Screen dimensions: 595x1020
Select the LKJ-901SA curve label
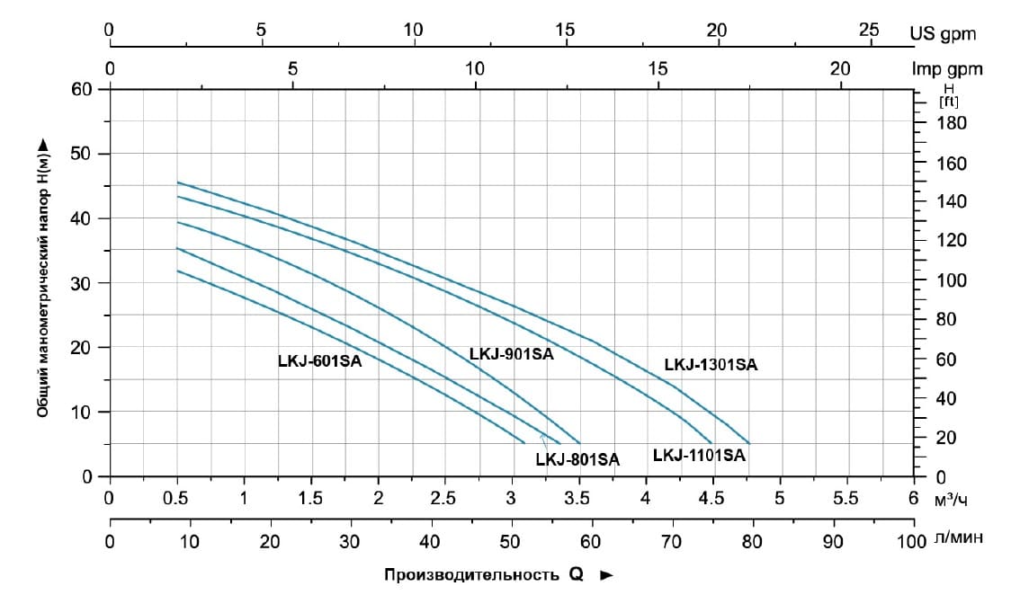pyautogui.click(x=511, y=354)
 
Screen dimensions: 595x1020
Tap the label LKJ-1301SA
pyautogui.click(x=711, y=365)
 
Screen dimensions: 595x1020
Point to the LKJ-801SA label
pyautogui.click(x=577, y=459)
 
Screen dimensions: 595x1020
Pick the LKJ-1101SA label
pyautogui.click(x=699, y=455)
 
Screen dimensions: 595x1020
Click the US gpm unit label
pyautogui.click(x=943, y=34)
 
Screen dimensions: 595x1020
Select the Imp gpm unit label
pyautogui.click(x=947, y=69)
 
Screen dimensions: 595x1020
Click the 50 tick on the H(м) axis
pyautogui.click(x=84, y=154)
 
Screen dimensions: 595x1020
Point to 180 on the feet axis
pyautogui.click(x=951, y=123)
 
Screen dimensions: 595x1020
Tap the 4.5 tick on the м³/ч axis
pyautogui.click(x=712, y=496)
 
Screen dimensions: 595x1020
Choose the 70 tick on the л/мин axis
pyautogui.click(x=671, y=542)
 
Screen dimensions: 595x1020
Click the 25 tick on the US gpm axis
pyautogui.click(x=868, y=30)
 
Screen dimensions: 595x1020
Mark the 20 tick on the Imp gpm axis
pyautogui.click(x=840, y=68)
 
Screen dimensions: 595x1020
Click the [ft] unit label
pyautogui.click(x=948, y=102)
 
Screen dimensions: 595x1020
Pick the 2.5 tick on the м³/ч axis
pyautogui.click(x=443, y=496)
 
